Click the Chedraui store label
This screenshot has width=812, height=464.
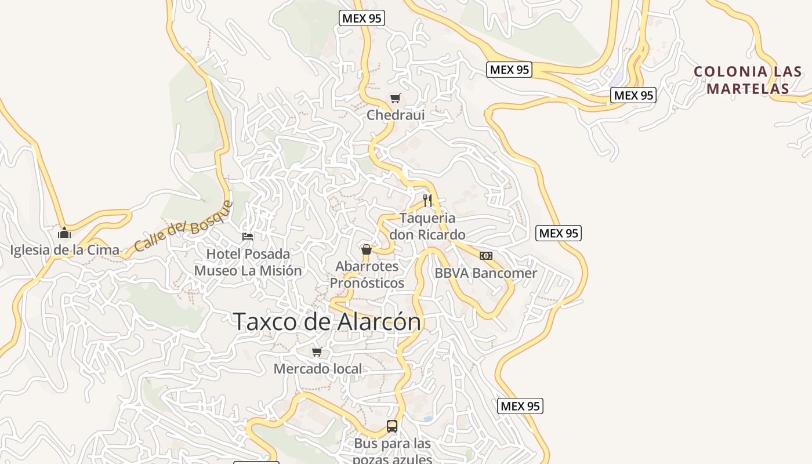(x=396, y=115)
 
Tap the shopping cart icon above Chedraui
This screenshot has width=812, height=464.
(x=396, y=98)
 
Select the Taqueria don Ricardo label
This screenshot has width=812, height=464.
(x=427, y=226)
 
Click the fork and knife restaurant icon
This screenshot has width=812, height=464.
(x=427, y=201)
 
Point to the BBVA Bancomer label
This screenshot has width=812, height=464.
(x=486, y=273)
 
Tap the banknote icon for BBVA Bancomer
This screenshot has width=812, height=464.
(x=486, y=255)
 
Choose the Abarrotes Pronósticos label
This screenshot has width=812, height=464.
(x=367, y=274)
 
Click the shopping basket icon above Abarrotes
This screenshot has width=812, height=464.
(x=367, y=249)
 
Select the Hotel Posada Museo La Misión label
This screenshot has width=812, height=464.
(x=248, y=262)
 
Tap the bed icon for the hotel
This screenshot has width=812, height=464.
(x=248, y=236)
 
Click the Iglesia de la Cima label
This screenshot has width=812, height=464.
(x=65, y=250)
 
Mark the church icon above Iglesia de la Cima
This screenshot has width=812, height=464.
(x=64, y=233)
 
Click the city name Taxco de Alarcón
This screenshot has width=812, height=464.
(x=327, y=321)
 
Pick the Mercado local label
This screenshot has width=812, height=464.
(x=317, y=368)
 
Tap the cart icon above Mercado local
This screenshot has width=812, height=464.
(x=317, y=351)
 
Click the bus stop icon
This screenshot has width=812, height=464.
(x=392, y=426)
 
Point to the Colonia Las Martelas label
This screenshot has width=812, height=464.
(x=748, y=80)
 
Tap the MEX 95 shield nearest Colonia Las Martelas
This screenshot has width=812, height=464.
(x=633, y=95)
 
